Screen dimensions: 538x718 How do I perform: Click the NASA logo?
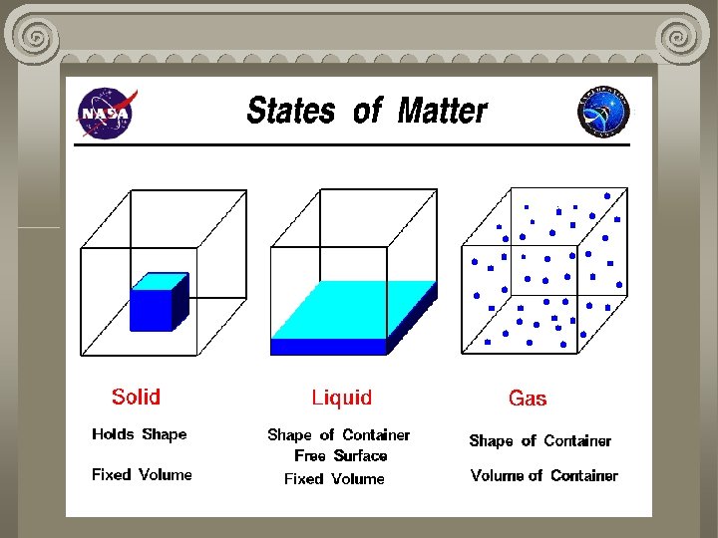point(104,114)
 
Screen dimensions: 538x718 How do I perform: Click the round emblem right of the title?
point(604,112)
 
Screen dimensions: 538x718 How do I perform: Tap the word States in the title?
point(290,111)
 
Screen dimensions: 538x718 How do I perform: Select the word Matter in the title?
point(442,111)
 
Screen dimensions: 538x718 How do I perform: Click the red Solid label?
point(136,398)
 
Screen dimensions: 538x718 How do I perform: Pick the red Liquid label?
point(341,399)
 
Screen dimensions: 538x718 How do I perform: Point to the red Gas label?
point(528,399)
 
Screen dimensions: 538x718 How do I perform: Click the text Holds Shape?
point(139,434)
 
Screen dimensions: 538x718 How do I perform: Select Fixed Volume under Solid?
point(142,475)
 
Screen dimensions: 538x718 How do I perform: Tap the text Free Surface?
point(340,456)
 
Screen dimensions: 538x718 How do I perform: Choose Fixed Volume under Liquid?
point(334,479)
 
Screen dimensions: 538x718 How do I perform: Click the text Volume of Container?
point(543,476)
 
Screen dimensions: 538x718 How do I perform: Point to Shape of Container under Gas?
point(539,441)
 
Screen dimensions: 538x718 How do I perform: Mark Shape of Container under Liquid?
point(338,435)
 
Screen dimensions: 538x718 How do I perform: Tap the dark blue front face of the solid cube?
point(150,310)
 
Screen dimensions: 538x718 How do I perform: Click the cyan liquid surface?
point(354,310)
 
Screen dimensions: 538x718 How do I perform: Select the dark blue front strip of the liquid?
point(328,347)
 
